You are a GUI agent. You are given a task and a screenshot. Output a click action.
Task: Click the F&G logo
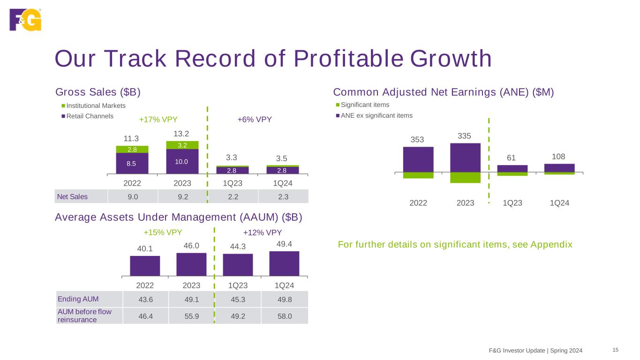coord(25,20)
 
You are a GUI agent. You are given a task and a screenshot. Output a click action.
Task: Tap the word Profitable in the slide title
coord(349,59)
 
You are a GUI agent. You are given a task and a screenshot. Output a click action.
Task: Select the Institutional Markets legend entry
coord(96,106)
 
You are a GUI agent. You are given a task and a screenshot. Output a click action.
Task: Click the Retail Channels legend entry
coord(90,116)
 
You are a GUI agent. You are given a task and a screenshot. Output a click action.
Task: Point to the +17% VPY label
coord(158,119)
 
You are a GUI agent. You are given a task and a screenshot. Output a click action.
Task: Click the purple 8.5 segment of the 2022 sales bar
coord(132,164)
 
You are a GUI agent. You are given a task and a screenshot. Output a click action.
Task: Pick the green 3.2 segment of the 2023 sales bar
coord(182,145)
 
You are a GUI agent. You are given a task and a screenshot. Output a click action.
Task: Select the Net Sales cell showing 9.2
coord(182,196)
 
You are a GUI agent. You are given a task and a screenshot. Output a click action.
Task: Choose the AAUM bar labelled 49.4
coord(284,263)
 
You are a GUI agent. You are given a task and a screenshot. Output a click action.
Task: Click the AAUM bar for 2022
coord(145,266)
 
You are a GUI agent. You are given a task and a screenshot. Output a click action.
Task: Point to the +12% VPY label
coord(263,232)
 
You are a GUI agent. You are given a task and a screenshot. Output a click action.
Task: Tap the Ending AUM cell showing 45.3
coord(237,299)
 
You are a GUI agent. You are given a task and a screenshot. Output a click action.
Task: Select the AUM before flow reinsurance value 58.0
coord(283,316)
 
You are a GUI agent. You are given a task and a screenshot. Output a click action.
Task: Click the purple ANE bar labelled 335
coord(465,157)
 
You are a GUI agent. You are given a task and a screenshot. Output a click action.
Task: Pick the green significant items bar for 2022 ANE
coord(418,175)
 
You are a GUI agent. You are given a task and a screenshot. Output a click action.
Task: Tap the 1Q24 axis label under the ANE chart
coord(559,203)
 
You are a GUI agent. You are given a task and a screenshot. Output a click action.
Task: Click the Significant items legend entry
coord(365,105)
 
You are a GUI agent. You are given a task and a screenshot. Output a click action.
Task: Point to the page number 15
coord(616,350)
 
